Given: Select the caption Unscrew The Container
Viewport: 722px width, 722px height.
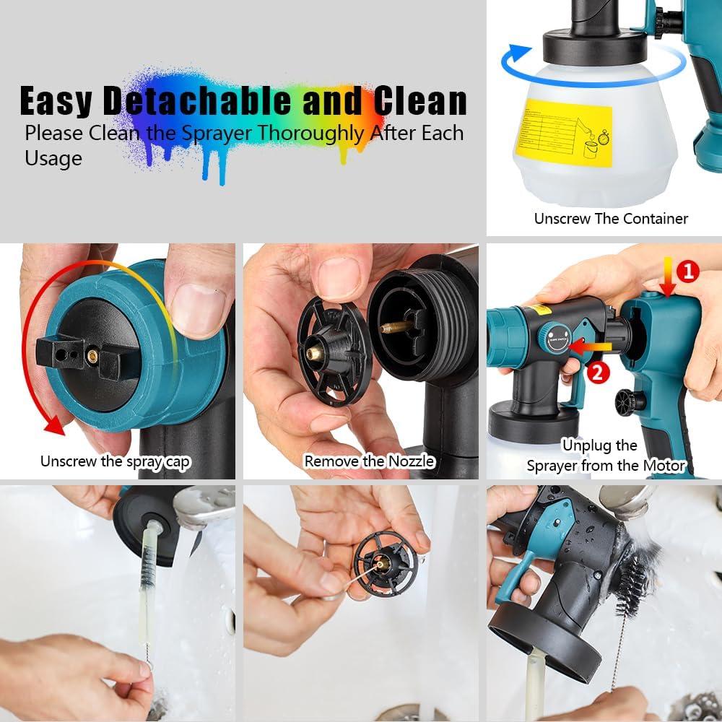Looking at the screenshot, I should (611, 218).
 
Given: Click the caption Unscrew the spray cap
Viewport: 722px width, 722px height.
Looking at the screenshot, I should (116, 461).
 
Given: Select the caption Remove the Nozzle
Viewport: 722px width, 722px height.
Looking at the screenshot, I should (369, 461).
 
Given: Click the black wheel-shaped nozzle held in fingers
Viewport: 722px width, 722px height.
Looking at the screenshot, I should (333, 354).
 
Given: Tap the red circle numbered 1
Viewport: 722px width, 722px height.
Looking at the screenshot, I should (688, 271).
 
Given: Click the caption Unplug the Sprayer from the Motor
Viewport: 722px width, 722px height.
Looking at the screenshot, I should (605, 456).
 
